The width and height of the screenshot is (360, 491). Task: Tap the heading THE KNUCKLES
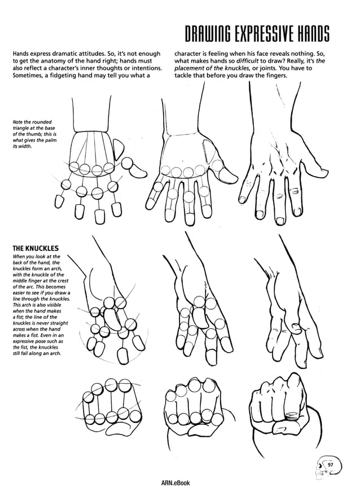click(x=36, y=248)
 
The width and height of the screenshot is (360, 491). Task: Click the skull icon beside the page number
click(x=320, y=466)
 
